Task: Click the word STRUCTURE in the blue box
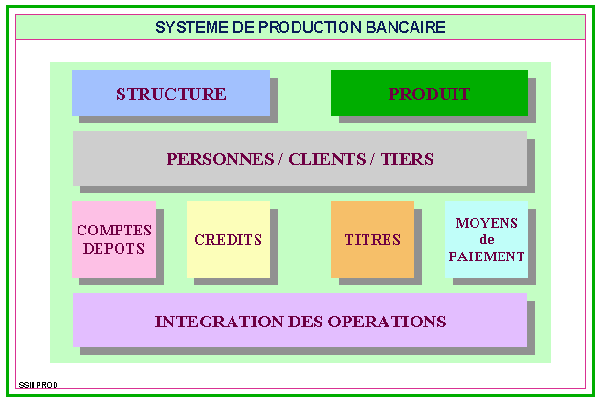click(x=171, y=94)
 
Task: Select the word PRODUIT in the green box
click(x=429, y=94)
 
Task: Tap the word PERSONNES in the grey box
click(x=220, y=159)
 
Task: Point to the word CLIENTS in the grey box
click(x=327, y=159)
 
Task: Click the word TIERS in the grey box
click(x=407, y=159)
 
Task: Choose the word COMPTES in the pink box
click(x=114, y=231)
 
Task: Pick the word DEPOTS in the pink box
click(x=114, y=249)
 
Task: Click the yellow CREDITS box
click(x=228, y=239)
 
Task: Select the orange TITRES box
click(x=372, y=239)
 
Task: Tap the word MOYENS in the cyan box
click(x=487, y=223)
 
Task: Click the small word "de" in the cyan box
click(x=487, y=240)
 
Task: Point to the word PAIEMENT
click(x=486, y=256)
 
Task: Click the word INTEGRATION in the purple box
click(x=219, y=322)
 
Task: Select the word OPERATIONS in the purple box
click(x=388, y=322)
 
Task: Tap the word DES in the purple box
click(x=305, y=322)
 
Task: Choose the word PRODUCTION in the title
click(x=309, y=27)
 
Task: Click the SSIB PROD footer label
click(x=38, y=385)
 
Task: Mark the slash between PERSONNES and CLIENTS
click(x=281, y=159)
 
